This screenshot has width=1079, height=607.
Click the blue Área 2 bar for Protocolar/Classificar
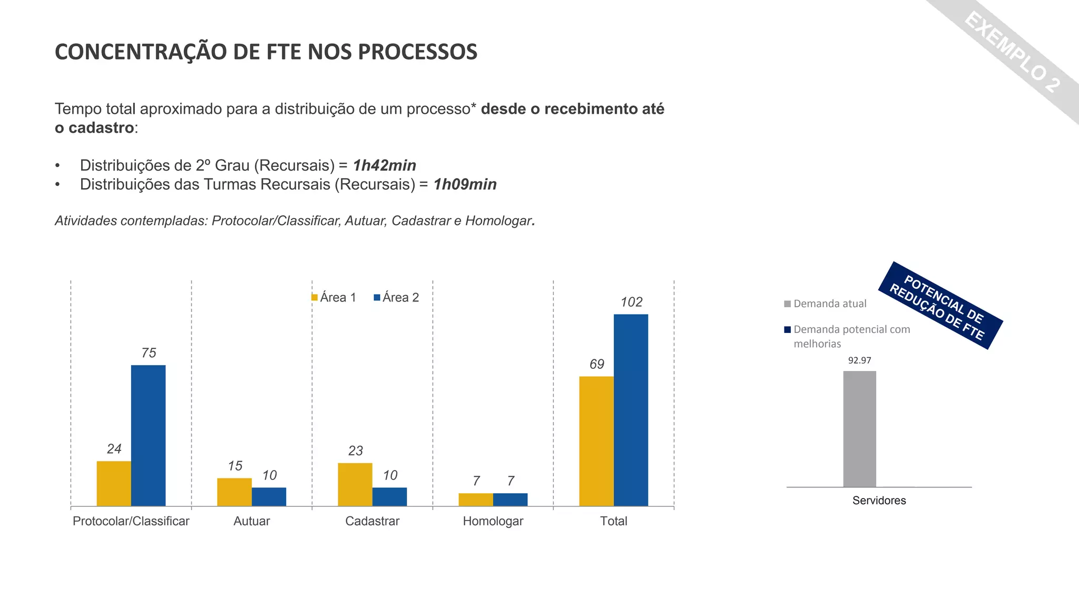click(x=148, y=435)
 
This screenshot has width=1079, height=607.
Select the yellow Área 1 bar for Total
click(x=596, y=441)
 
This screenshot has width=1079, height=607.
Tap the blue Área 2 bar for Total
click(x=631, y=410)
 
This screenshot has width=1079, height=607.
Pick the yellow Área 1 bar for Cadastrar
click(x=355, y=484)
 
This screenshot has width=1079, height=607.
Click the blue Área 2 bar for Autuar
click(x=269, y=496)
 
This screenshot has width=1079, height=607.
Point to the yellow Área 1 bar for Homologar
click(x=476, y=500)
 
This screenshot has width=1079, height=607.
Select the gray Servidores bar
click(x=859, y=429)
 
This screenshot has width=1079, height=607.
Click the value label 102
click(x=631, y=302)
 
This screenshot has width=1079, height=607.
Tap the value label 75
click(x=149, y=353)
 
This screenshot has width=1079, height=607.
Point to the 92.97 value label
click(x=859, y=360)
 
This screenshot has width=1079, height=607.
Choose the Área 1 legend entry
click(x=334, y=298)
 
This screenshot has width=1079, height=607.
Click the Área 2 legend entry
click(x=396, y=298)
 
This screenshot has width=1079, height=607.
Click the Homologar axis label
click(x=493, y=521)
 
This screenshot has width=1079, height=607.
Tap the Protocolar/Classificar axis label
click(x=131, y=521)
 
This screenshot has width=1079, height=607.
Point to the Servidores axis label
click(x=879, y=501)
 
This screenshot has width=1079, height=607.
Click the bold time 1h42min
click(x=385, y=165)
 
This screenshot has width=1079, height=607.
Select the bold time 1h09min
click(x=465, y=184)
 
